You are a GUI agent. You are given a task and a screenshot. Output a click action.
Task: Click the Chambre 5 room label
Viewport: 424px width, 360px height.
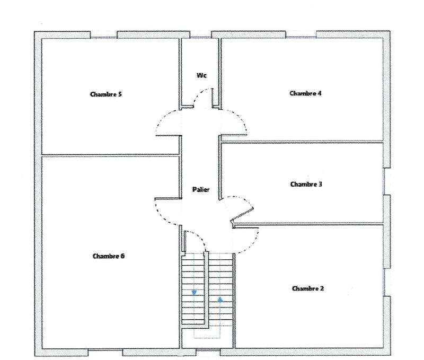point(106,95)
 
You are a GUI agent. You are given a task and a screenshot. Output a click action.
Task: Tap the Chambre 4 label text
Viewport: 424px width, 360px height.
point(306,93)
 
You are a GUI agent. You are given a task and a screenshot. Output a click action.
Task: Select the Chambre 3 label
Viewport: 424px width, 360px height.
point(306,185)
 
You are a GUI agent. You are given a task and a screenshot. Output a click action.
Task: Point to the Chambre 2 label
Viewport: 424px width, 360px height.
point(308,288)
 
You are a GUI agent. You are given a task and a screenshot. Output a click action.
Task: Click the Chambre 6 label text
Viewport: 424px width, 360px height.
point(108,256)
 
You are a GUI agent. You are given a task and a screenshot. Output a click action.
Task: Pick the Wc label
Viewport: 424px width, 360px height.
point(201,75)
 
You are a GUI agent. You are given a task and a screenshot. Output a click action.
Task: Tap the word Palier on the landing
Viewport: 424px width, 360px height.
point(200,189)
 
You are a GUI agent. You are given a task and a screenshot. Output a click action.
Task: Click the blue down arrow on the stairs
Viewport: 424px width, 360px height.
point(194,292)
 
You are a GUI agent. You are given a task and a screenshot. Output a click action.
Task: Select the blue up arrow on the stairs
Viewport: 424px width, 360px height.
point(219,298)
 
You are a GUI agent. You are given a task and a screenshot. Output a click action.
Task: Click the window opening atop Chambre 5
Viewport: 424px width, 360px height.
point(103,34)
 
